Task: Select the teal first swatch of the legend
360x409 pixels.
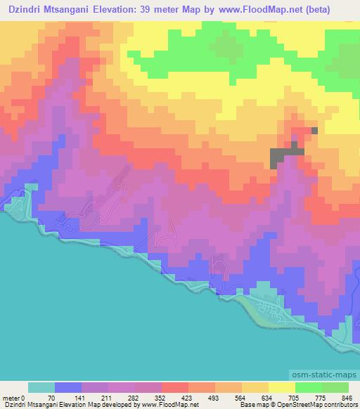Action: coord(41,387)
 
